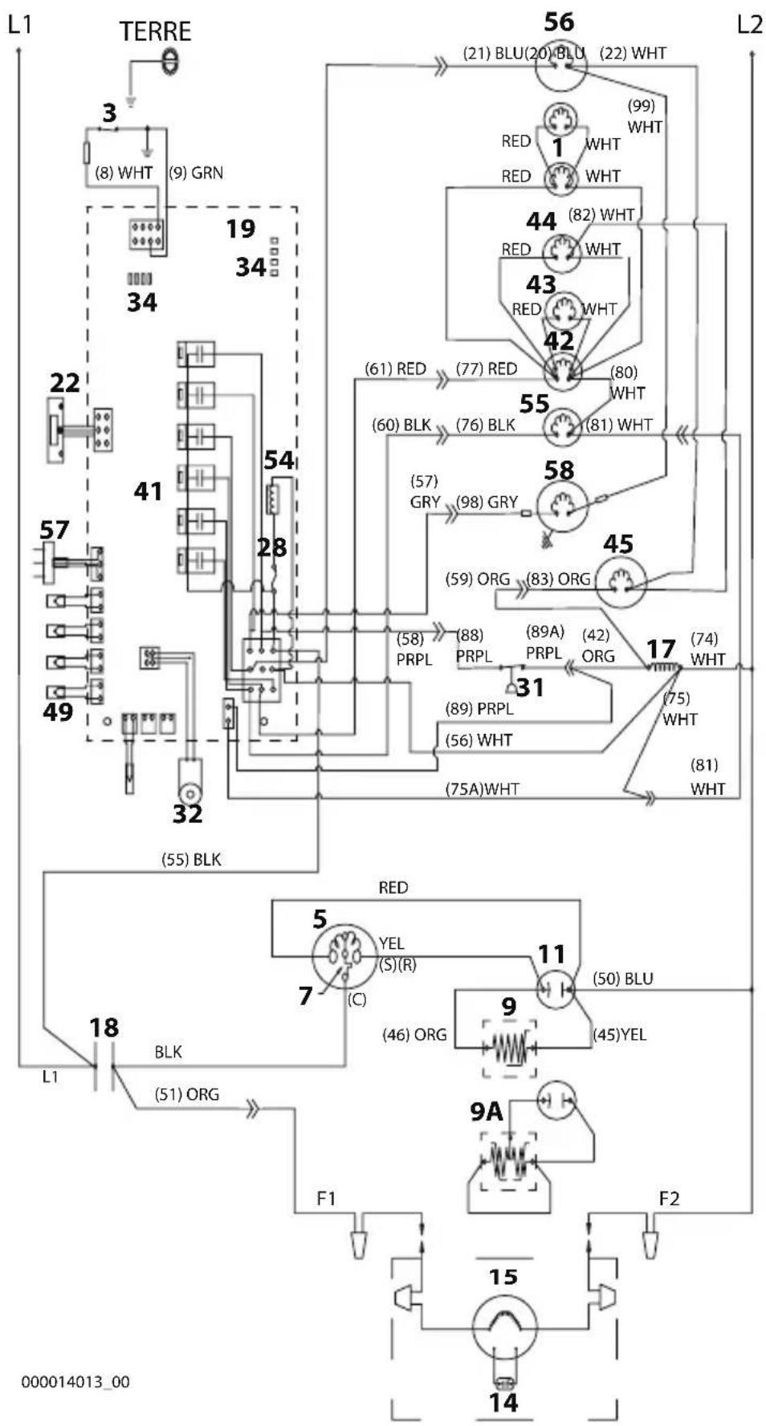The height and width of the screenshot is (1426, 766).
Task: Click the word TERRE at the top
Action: click(155, 32)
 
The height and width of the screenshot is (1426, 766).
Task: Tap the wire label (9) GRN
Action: click(196, 173)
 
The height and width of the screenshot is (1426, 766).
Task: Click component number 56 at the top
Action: click(559, 22)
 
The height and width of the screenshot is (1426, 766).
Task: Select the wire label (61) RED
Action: click(396, 369)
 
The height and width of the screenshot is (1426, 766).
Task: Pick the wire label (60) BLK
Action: click(401, 425)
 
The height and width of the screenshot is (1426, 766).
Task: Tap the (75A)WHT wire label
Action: click(482, 789)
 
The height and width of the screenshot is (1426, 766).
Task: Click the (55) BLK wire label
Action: click(191, 860)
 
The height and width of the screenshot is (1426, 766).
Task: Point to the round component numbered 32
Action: click(189, 777)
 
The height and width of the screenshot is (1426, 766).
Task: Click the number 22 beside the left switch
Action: click(64, 383)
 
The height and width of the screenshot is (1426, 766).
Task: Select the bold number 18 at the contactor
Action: click(104, 1028)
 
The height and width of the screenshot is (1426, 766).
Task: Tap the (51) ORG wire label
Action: click(187, 1094)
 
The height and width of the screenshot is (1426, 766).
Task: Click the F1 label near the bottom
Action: click(326, 1199)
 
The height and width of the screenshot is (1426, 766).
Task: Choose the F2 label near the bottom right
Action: click(669, 1199)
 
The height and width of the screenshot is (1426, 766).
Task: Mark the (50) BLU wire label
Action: click(623, 979)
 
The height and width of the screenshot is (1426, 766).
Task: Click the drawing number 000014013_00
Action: click(75, 1382)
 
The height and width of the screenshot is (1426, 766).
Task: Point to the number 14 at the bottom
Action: click(503, 1403)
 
